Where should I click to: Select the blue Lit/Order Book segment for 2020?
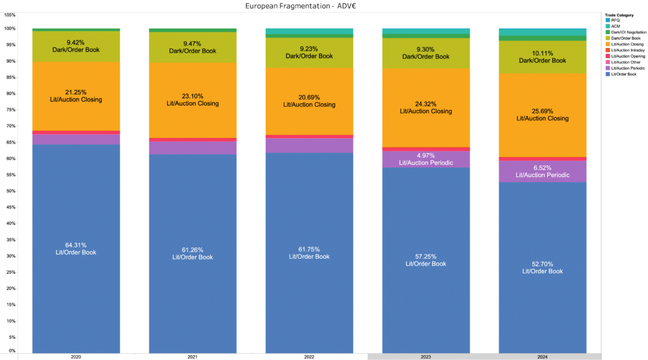76,285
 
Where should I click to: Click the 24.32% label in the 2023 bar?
426,103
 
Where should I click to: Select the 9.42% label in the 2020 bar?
76,42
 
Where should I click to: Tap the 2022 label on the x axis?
309,357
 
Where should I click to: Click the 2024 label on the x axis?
542,357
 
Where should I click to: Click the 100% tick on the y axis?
9,28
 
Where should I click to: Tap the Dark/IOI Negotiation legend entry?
626,32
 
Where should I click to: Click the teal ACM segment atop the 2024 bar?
542,32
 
